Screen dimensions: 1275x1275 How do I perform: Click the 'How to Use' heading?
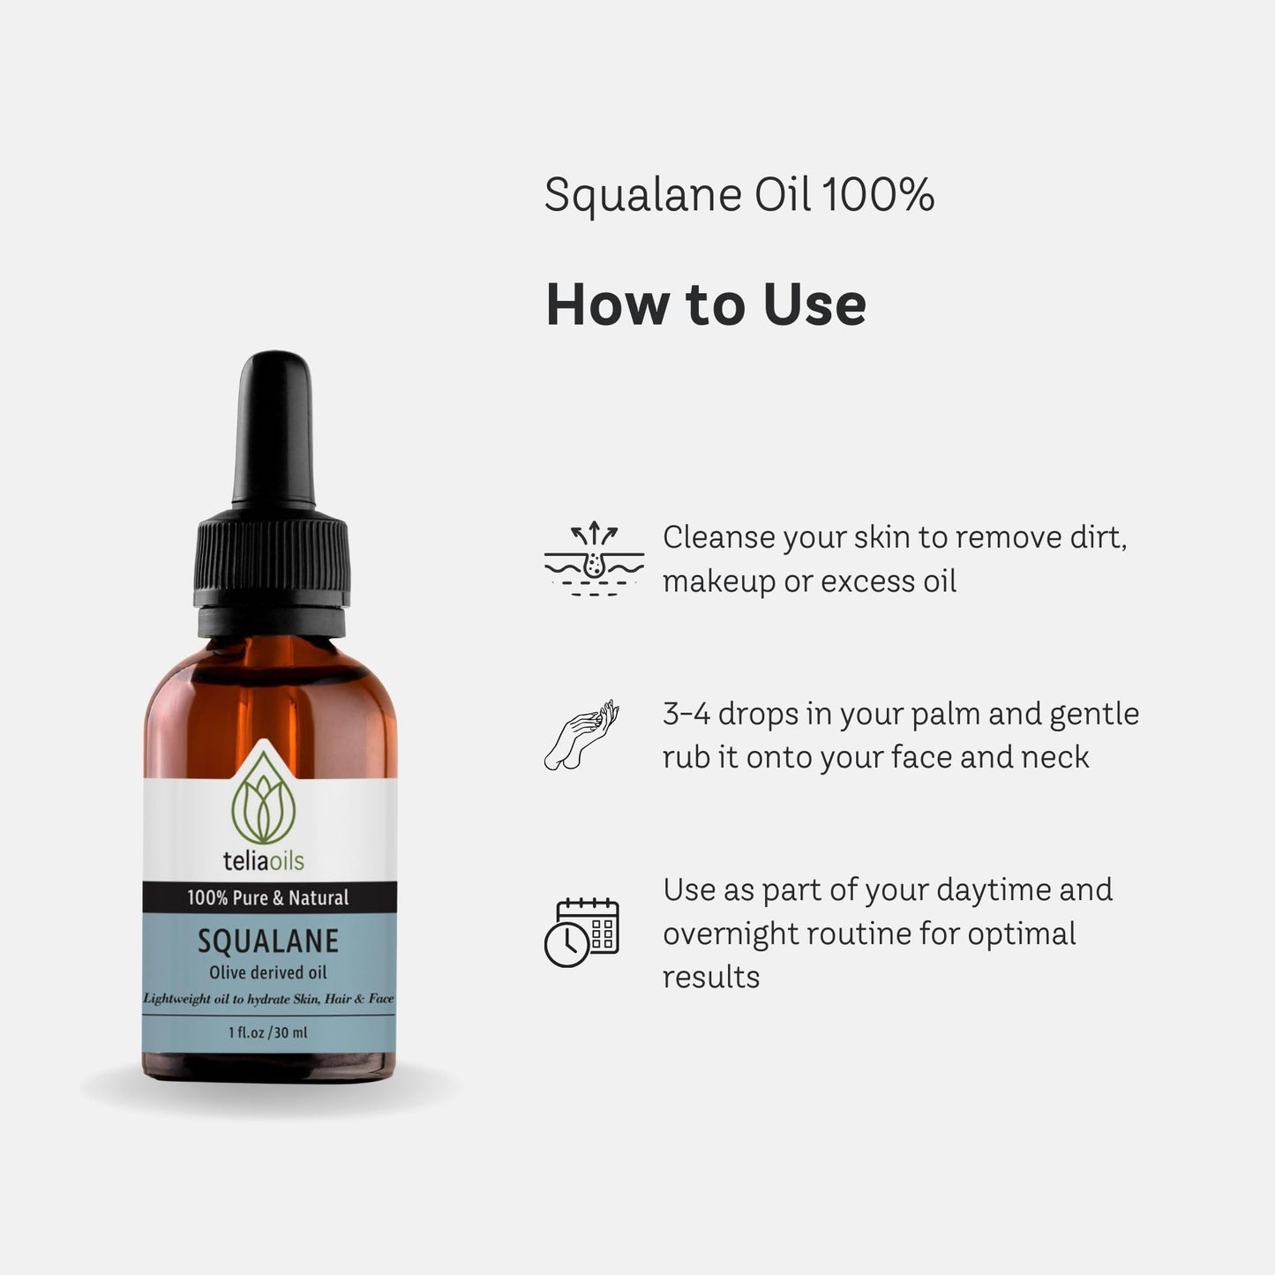(x=706, y=304)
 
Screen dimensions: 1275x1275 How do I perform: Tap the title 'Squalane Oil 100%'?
(x=739, y=195)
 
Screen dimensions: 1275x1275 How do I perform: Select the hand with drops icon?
(x=581, y=736)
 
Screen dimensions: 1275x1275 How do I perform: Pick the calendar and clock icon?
(x=581, y=933)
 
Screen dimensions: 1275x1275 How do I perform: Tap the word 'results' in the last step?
(x=710, y=977)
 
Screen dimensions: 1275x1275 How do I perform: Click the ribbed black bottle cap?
(x=270, y=565)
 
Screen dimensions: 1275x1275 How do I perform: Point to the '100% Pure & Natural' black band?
(x=268, y=898)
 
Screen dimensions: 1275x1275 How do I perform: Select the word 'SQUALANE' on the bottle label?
(x=268, y=941)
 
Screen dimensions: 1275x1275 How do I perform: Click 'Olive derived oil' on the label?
(x=268, y=972)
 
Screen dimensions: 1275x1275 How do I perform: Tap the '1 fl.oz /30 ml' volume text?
(x=268, y=1032)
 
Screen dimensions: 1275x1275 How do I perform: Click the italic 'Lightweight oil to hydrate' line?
(x=268, y=999)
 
